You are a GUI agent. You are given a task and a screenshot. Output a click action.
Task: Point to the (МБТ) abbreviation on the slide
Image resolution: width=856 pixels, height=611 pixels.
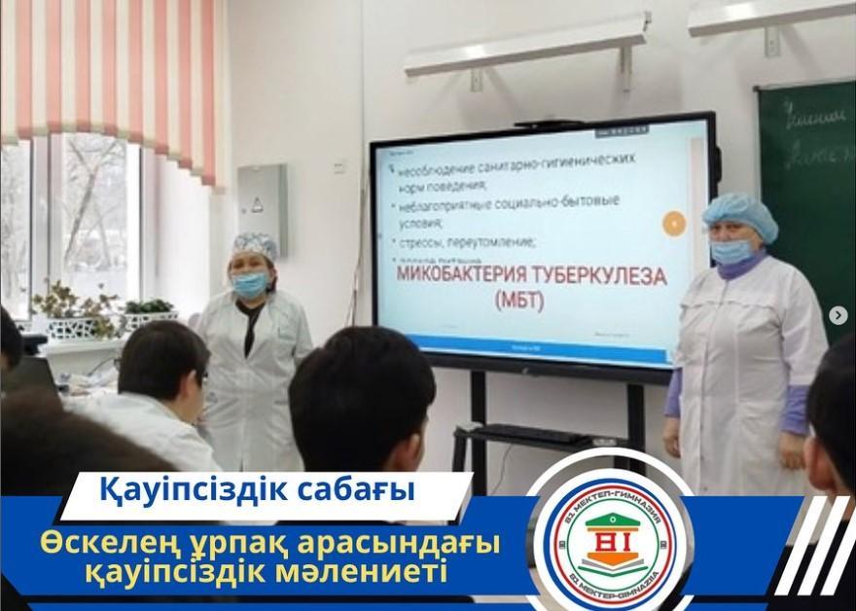coord(520,303)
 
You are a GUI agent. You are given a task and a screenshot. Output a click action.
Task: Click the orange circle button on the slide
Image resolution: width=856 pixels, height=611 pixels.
coord(674,224)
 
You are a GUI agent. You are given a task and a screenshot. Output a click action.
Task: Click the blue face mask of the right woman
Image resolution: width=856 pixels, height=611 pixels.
coord(731,251)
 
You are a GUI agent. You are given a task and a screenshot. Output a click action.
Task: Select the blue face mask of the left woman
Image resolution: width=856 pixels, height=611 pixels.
coord(249,284)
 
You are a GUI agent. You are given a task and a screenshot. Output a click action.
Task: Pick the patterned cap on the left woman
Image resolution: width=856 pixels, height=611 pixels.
coord(255,244)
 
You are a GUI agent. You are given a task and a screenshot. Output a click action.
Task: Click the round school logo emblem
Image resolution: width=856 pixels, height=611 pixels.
coord(609,537)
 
